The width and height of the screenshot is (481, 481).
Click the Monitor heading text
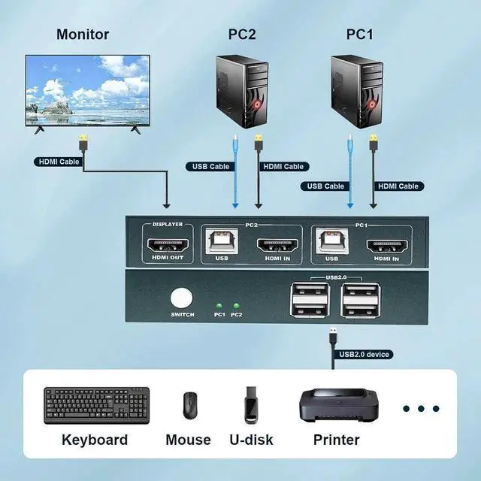point(83,35)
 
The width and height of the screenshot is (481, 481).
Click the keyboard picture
point(96,405)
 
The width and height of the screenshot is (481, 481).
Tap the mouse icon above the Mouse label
point(189,406)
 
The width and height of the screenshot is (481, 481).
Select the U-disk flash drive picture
point(251,405)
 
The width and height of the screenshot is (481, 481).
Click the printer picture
point(336,406)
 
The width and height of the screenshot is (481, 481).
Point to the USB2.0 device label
point(366,354)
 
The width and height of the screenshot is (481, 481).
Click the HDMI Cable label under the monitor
point(58,162)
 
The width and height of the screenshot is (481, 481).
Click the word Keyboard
point(95,440)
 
